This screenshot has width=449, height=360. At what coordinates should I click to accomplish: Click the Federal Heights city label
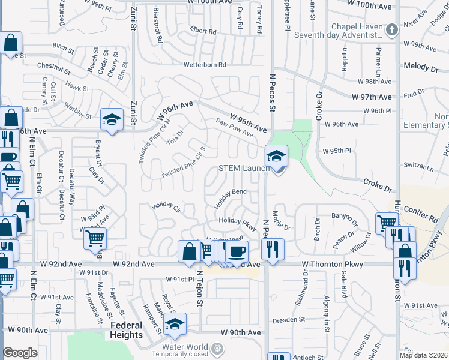(x=127, y=330)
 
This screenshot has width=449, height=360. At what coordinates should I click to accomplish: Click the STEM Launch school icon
(x=276, y=157)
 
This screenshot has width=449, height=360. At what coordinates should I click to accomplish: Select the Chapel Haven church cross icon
(x=391, y=30)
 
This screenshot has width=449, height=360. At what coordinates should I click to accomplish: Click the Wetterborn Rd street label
(x=205, y=65)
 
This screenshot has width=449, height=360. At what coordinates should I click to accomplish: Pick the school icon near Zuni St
(x=112, y=119)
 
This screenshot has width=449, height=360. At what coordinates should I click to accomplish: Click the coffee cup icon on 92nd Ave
(x=237, y=251)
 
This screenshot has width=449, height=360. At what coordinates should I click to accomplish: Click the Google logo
(x=20, y=353)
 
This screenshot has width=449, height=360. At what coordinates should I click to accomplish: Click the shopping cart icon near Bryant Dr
(x=95, y=239)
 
